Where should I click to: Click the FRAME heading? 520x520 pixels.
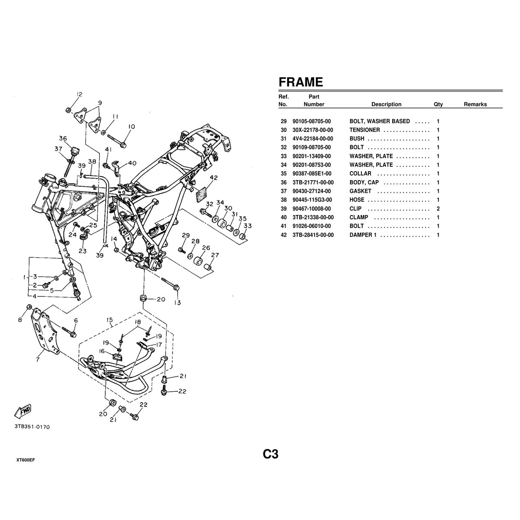point(300,82)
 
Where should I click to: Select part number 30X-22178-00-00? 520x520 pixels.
point(312,130)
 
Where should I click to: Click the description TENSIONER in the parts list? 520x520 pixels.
point(364,130)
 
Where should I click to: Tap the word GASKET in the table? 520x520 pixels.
point(360,191)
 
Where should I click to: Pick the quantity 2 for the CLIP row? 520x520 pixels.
point(438,208)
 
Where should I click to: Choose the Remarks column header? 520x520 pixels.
point(475,104)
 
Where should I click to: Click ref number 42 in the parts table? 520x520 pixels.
point(284,235)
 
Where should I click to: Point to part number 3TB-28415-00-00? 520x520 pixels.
point(313,235)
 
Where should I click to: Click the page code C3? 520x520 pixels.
point(270,454)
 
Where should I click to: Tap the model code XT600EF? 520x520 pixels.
point(26,460)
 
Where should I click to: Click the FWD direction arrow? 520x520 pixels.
point(23,410)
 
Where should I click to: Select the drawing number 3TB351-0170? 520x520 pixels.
point(32,427)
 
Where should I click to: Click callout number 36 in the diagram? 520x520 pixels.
point(63,139)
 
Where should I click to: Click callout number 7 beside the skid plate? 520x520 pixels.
point(38,359)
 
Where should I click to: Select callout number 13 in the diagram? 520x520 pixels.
point(177,303)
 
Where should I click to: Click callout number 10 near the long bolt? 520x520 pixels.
point(131,127)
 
